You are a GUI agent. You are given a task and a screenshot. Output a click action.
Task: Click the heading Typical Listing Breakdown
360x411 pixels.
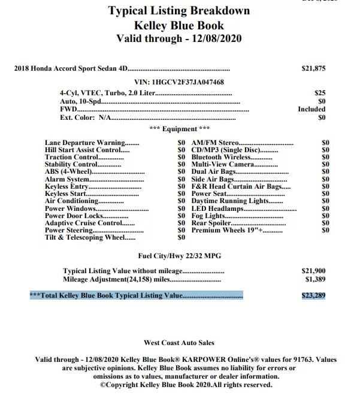tap(179, 11)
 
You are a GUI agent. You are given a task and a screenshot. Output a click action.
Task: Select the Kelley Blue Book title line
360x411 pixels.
tap(179, 25)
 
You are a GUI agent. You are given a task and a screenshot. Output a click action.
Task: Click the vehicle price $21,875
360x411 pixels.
tap(313, 68)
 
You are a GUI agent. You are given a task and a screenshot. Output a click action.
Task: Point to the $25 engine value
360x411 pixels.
tap(320, 93)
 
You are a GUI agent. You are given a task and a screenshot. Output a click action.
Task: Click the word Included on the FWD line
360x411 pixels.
tap(311, 110)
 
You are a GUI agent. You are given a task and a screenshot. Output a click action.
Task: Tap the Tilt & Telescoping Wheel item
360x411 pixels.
tap(85, 237)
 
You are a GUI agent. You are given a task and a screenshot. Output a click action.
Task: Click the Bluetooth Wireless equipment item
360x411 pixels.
tap(223, 157)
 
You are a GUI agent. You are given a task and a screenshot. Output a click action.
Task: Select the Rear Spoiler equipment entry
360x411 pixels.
tap(211, 223)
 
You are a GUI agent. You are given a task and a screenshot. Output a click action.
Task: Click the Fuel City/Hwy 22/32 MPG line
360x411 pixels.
tap(179, 256)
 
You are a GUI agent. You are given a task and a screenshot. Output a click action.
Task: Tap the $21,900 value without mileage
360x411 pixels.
tap(313, 271)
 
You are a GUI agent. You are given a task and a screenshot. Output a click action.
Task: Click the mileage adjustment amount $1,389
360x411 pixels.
tap(315, 279)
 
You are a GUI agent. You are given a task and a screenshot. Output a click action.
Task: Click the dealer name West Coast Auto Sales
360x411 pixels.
tap(179, 343)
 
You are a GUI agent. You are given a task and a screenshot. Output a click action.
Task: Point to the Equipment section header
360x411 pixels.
tap(179, 129)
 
